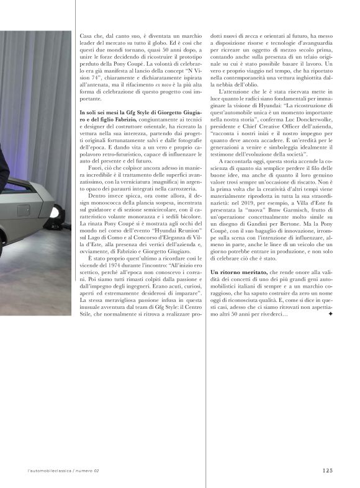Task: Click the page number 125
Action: coord(327,470)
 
